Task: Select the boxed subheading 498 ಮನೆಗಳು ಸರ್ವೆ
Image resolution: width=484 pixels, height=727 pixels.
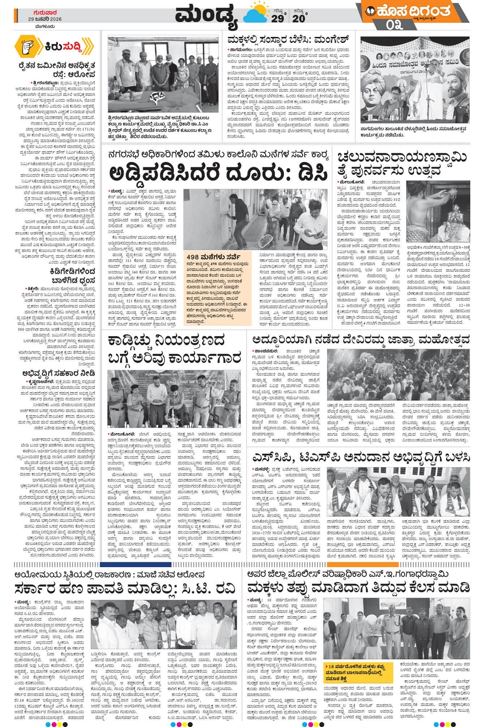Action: [211, 256]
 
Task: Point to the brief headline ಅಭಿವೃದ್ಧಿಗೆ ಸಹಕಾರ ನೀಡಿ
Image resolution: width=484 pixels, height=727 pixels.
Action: [58, 373]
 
